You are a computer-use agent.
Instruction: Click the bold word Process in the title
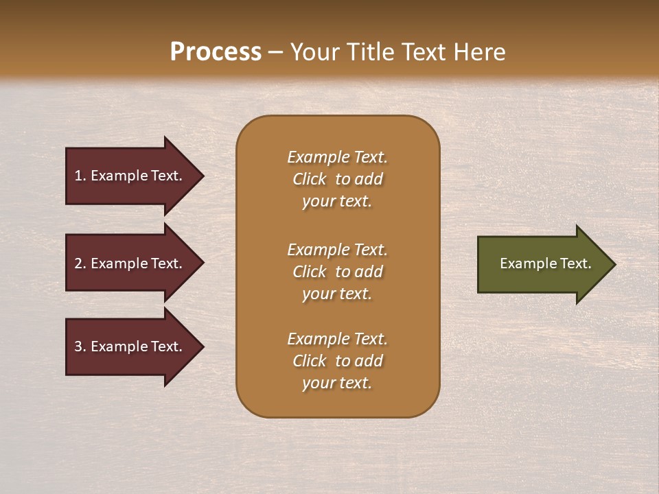click(x=216, y=52)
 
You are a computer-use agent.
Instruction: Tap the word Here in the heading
click(x=480, y=52)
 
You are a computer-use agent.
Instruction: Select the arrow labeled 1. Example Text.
click(x=130, y=176)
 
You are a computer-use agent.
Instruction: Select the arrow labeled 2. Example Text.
click(x=130, y=263)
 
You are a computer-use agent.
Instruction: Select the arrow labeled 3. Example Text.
click(x=130, y=346)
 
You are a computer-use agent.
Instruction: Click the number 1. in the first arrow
click(x=80, y=176)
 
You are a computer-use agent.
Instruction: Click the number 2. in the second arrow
click(x=80, y=263)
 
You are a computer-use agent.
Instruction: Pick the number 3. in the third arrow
click(x=80, y=346)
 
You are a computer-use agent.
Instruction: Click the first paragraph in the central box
click(x=337, y=179)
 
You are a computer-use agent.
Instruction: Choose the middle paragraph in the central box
click(x=337, y=272)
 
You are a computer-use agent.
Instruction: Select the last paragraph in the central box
click(x=337, y=361)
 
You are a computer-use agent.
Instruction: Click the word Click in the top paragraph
click(x=310, y=179)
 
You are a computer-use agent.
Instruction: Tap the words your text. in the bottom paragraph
click(x=337, y=383)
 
